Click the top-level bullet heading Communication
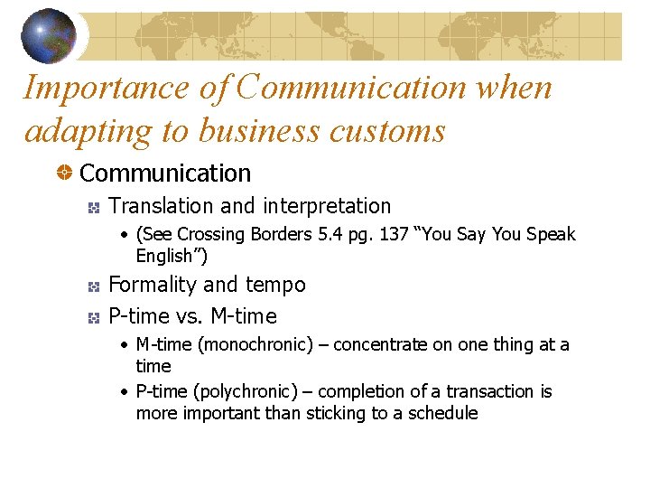165,173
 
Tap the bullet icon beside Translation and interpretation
93,208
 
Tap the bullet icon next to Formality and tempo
93,286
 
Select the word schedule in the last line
442,413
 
